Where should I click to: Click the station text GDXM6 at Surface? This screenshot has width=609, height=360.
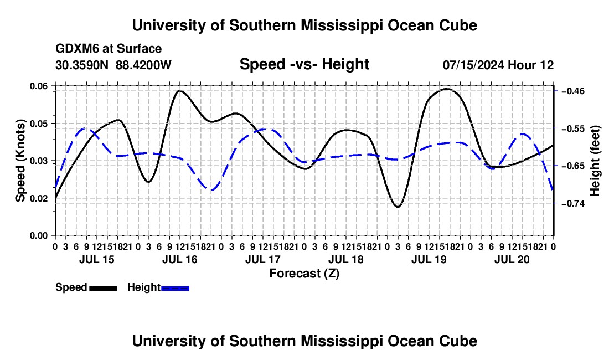pyautogui.click(x=109, y=49)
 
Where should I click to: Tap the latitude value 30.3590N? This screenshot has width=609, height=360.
pyautogui.click(x=82, y=65)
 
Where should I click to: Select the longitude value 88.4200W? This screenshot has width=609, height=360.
pyautogui.click(x=143, y=65)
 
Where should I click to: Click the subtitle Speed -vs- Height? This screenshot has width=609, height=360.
pyautogui.click(x=304, y=64)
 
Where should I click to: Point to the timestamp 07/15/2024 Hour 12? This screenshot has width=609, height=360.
pyautogui.click(x=498, y=65)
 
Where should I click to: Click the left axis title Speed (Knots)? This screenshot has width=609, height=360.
pyautogui.click(x=20, y=161)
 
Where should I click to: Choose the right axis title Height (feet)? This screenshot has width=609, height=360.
pyautogui.click(x=595, y=161)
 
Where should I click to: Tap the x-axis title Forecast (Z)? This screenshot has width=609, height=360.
pyautogui.click(x=304, y=274)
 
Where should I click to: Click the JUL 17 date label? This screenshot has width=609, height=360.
pyautogui.click(x=262, y=259)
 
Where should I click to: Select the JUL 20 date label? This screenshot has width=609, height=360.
pyautogui.click(x=512, y=259)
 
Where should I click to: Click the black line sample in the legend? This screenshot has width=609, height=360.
pyautogui.click(x=104, y=288)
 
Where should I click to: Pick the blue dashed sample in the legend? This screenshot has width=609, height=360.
pyautogui.click(x=175, y=288)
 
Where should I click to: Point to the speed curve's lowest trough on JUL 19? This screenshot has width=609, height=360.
pyautogui.click(x=398, y=207)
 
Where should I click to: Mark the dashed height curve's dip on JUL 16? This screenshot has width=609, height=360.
pyautogui.click(x=211, y=190)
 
